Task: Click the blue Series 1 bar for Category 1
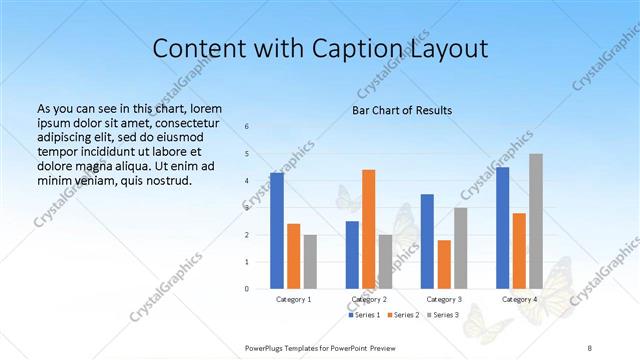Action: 277,231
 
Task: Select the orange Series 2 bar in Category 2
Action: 368,229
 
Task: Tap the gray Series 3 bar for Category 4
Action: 536,221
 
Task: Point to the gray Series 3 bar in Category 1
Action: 310,262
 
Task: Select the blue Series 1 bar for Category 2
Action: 352,255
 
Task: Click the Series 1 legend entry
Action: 364,315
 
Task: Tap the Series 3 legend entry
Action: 443,315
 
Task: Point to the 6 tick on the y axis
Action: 246,127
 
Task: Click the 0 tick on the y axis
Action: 246,289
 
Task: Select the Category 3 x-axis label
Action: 444,299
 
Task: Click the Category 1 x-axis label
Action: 294,299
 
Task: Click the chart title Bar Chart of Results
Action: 402,110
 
